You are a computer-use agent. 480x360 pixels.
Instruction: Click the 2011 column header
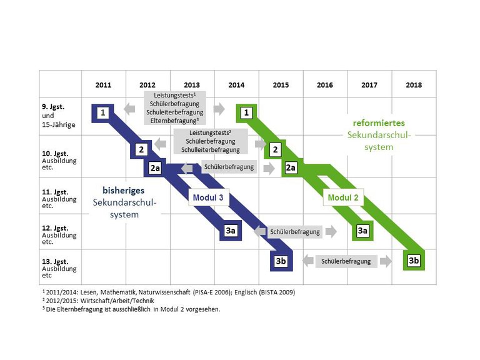[x=103, y=84]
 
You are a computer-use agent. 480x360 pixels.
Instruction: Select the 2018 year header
[x=414, y=84]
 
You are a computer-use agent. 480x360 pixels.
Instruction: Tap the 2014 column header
[x=236, y=84]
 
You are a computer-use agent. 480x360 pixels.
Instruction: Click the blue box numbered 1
[x=103, y=112]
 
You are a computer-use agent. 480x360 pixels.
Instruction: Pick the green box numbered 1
[x=247, y=112]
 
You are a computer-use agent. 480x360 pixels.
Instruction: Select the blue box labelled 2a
[x=156, y=167]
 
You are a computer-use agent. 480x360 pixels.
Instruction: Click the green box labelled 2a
[x=290, y=167]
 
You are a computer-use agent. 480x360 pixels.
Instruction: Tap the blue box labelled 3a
[x=231, y=231]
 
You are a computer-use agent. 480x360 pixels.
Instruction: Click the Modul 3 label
[x=206, y=198]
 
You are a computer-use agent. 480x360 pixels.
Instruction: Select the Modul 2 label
[x=341, y=198]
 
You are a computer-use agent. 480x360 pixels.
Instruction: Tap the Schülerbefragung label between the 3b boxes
[x=346, y=261]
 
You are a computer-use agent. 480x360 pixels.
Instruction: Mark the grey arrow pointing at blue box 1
[x=130, y=109]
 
